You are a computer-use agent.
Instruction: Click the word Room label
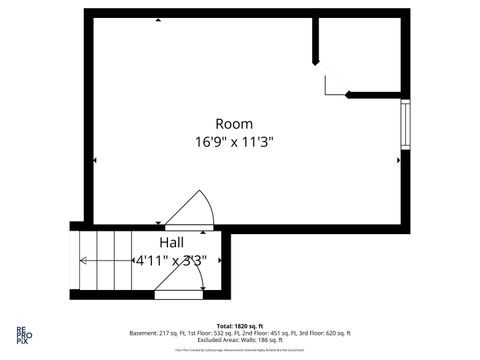234,123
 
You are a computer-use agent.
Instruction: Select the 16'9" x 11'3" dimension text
234,142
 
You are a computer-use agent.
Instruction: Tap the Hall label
171,243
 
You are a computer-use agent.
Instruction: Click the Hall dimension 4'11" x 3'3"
171,261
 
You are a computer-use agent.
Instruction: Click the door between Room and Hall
190,212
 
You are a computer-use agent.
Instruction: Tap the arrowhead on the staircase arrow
83,261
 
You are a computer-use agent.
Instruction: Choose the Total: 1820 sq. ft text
240,326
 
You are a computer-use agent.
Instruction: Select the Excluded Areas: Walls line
240,340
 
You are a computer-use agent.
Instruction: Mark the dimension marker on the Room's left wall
94,160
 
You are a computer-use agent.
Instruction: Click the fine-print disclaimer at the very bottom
240,350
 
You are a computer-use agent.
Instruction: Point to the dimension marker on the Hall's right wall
217,262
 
